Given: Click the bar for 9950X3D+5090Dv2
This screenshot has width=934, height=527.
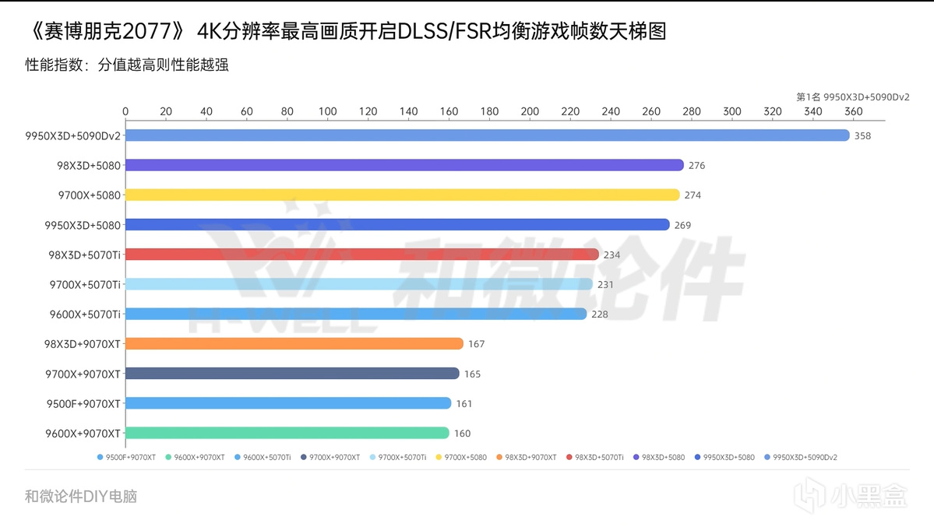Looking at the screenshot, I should pyautogui.click(x=487, y=135).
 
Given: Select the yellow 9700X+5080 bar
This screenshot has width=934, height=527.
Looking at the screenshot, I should pyautogui.click(x=402, y=195).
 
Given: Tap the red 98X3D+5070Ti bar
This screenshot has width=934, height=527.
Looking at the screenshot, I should pyautogui.click(x=361, y=255).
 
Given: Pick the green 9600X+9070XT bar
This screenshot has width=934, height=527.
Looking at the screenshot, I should pyautogui.click(x=287, y=433).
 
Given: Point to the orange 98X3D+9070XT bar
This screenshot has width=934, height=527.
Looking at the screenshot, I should pyautogui.click(x=294, y=344).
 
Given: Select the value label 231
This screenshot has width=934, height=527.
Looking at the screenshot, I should pyautogui.click(x=605, y=285).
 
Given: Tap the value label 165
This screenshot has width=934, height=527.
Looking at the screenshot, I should pyautogui.click(x=472, y=374).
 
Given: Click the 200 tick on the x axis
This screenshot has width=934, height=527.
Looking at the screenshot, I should pyautogui.click(x=530, y=111).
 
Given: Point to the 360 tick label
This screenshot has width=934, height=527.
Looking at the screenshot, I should pyautogui.click(x=853, y=111).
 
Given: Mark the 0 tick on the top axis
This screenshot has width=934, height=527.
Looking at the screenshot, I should pyautogui.click(x=125, y=111).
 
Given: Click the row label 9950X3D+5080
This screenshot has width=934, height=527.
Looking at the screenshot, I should pyautogui.click(x=84, y=225).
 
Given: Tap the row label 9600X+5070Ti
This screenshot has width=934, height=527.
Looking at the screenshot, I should pyautogui.click(x=85, y=314).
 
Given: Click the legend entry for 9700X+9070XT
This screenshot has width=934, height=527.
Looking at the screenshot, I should pyautogui.click(x=334, y=458).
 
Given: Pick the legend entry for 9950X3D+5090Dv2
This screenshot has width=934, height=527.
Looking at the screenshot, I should pyautogui.click(x=805, y=458).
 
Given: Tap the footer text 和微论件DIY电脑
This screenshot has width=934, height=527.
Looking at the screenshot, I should pyautogui.click(x=81, y=496).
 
